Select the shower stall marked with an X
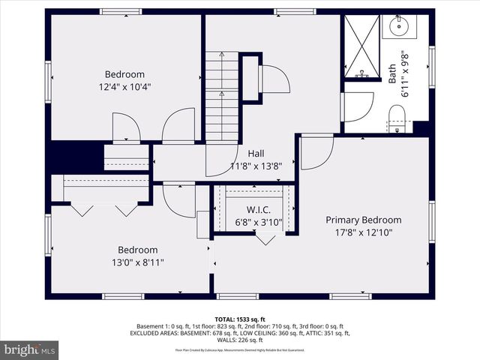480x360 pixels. [361, 46]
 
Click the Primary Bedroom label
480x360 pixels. [363, 220]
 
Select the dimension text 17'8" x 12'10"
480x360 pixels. [363, 232]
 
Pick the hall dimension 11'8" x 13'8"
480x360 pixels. [255, 166]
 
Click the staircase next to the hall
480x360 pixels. [222, 97]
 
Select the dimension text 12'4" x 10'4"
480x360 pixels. [124, 87]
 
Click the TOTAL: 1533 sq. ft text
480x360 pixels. [240, 319]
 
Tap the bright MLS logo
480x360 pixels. [29, 349]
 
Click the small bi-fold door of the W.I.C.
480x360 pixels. [265, 238]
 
